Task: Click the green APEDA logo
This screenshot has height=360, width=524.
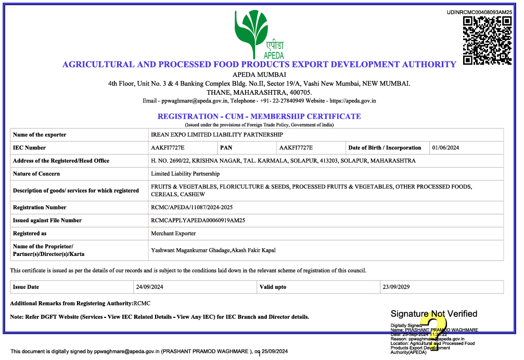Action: click(x=259, y=34)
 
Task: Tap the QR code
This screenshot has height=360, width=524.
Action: click(x=487, y=40)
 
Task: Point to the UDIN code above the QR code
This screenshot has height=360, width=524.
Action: click(x=479, y=11)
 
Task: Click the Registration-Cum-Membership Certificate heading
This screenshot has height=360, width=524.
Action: click(x=259, y=116)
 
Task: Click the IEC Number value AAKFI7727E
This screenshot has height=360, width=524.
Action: click(x=168, y=148)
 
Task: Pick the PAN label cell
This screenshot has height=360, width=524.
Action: click(x=226, y=148)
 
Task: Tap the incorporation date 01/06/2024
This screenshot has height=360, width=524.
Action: click(x=446, y=148)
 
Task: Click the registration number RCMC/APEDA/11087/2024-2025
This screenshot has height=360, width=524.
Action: click(x=191, y=208)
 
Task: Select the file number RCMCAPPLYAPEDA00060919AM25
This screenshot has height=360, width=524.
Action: click(x=198, y=221)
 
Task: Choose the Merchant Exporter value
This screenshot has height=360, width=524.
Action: click(x=173, y=234)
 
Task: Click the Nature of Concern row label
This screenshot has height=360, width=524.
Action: click(x=36, y=174)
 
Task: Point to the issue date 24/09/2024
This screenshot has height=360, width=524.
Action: click(x=150, y=287)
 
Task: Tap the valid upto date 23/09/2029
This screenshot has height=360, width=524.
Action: click(x=397, y=287)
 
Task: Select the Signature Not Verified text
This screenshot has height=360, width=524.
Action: click(x=434, y=314)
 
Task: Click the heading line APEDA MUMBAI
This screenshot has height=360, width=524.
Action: click(x=259, y=74)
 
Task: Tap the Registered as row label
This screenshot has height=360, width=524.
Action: click(x=30, y=234)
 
